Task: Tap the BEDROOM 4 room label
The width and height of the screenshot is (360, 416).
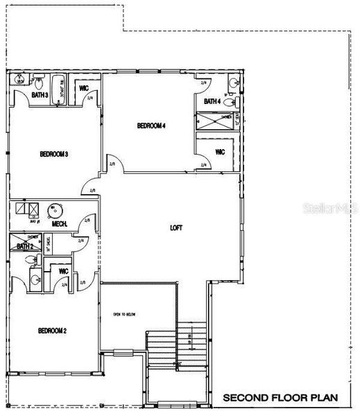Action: click(151, 125)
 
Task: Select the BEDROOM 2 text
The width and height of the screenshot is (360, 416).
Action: click(53, 331)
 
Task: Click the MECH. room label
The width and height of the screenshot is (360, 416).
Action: click(60, 223)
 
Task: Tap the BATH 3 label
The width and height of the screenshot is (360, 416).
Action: click(40, 95)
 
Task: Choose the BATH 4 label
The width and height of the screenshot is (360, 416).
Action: click(212, 102)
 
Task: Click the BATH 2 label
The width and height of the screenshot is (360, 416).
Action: click(26, 245)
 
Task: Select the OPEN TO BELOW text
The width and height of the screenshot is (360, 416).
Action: click(124, 314)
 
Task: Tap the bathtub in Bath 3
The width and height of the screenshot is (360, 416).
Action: click(61, 88)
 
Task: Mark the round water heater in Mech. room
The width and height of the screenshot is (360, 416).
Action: click(53, 210)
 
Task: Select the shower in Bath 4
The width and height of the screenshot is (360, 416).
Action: click(219, 122)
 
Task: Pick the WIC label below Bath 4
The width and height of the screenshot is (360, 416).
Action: click(220, 151)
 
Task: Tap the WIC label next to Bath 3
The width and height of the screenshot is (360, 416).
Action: click(84, 89)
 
